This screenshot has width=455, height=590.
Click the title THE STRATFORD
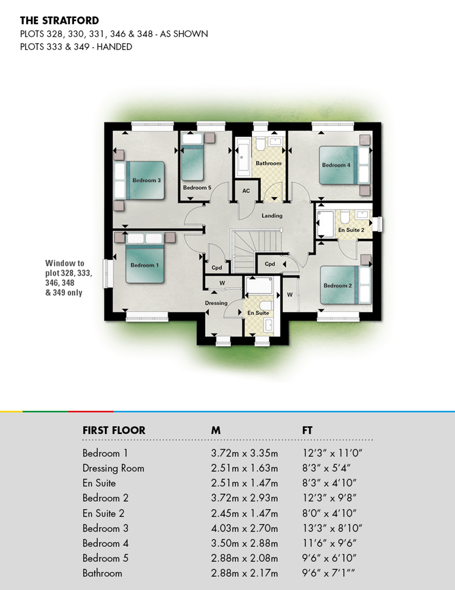coord(59,21)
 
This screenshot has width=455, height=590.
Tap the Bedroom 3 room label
coord(146,180)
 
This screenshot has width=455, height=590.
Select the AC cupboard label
coord(246,191)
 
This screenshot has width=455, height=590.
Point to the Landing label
coord(272,215)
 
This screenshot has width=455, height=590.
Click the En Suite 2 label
coord(351,230)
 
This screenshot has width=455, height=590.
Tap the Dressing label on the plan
coord(216,303)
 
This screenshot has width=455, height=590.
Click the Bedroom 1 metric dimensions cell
coord(244,453)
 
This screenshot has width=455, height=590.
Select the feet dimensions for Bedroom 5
coord(329,558)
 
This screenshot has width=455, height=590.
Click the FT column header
coord(307,430)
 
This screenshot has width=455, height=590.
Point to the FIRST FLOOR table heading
coord(114,430)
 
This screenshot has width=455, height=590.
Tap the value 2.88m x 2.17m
coord(244,573)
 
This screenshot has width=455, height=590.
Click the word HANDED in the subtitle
coord(114,47)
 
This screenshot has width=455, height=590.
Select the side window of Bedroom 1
coord(108,274)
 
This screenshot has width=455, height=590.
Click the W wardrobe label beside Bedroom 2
coord(290,295)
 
